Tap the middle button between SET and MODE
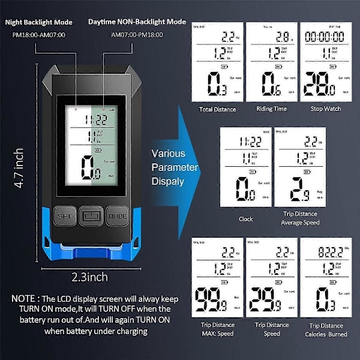[90, 215]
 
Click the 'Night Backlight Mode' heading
[40, 22]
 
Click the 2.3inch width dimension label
[89, 277]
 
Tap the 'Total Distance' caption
[217, 109]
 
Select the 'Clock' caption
[246, 219]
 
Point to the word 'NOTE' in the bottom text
[27, 298]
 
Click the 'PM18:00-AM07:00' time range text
[40, 35]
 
